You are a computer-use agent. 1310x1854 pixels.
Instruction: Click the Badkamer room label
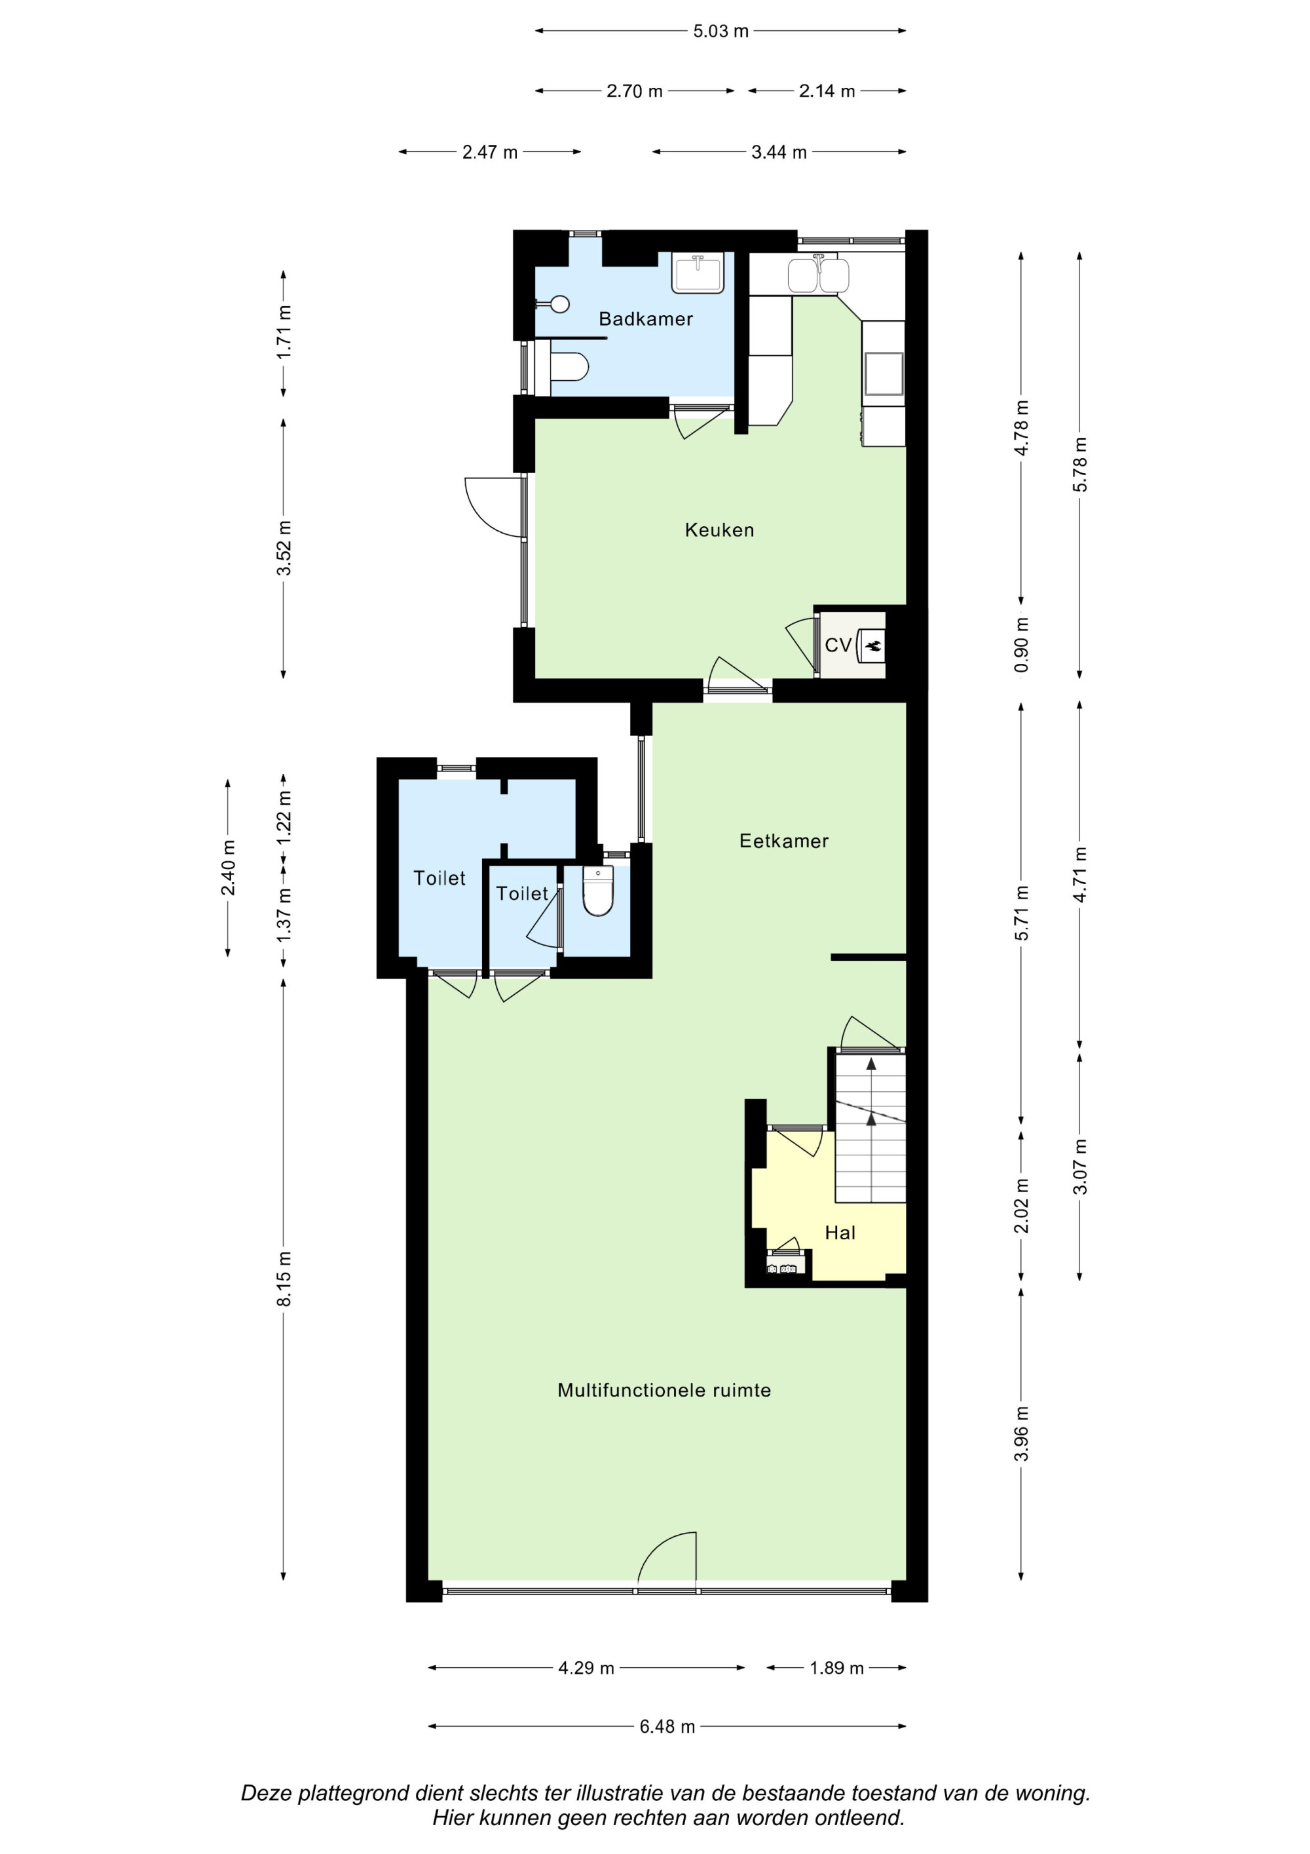tap(646, 319)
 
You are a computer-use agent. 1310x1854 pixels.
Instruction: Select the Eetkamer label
tap(784, 841)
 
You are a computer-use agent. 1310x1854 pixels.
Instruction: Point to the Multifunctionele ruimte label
tap(664, 1390)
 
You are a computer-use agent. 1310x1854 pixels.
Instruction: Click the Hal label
tap(840, 1232)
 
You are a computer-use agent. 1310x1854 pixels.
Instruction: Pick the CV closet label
tap(838, 645)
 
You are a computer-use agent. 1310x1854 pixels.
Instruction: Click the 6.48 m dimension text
tap(667, 1726)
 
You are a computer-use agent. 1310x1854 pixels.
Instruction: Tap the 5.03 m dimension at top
tap(720, 31)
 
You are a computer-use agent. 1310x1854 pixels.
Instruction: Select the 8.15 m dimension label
tap(284, 1278)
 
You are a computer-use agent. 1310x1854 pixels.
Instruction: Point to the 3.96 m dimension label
tap(1022, 1433)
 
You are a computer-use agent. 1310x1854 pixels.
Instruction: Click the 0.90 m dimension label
tap(1022, 644)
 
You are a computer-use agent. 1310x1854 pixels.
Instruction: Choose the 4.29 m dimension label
tap(586, 1667)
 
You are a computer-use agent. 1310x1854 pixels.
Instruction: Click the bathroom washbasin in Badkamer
tap(698, 272)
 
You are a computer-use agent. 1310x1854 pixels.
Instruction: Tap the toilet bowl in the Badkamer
tap(570, 368)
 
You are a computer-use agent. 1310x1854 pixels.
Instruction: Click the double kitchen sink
tap(819, 274)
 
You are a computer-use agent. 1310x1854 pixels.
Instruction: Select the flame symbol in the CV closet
tap(872, 645)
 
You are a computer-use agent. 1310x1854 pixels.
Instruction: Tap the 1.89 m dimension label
tap(836, 1667)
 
